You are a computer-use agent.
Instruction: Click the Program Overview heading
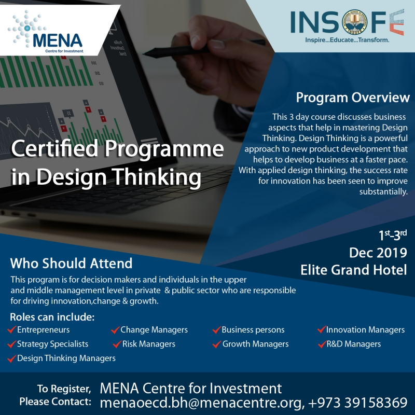(352, 98)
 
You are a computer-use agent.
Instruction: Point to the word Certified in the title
(56, 150)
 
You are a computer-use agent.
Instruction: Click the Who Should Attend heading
(71, 262)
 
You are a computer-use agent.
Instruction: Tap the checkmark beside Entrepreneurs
(11, 330)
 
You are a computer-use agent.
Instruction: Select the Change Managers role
(154, 330)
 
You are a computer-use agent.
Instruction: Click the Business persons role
(253, 330)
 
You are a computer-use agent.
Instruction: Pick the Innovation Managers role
(365, 330)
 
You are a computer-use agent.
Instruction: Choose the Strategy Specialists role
(52, 344)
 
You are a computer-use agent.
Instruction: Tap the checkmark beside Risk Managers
(116, 344)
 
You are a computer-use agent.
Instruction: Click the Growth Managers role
(255, 344)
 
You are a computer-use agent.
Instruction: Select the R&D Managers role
(353, 344)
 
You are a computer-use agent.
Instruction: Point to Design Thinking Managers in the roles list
(66, 358)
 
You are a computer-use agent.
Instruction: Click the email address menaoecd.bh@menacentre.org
(200, 402)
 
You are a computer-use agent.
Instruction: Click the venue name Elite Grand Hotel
(353, 270)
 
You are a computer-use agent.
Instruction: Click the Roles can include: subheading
(52, 317)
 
